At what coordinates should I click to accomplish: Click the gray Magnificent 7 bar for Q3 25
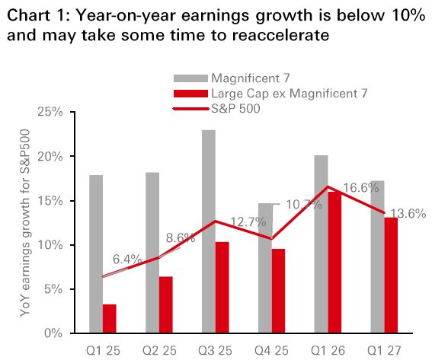point(209,231)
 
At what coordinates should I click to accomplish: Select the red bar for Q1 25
point(110,319)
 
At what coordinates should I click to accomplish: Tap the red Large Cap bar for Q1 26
point(334,263)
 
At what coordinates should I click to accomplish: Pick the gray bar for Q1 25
point(96,254)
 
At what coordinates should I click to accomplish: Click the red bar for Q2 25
point(166,304)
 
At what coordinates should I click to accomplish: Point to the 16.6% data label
point(361,188)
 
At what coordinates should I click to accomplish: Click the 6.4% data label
point(127,259)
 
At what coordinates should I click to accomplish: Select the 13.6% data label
point(408,214)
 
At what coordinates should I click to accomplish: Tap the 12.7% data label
point(248,221)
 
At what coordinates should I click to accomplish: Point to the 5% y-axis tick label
point(53,289)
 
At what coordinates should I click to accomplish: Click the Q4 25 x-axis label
point(271,351)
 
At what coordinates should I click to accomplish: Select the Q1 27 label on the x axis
point(384,351)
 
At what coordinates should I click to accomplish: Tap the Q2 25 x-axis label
point(159,351)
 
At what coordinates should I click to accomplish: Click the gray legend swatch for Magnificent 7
point(190,78)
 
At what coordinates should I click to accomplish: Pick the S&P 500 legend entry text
point(235,108)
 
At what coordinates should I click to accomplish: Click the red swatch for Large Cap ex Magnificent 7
point(190,94)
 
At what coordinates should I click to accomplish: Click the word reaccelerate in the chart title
point(280,35)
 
